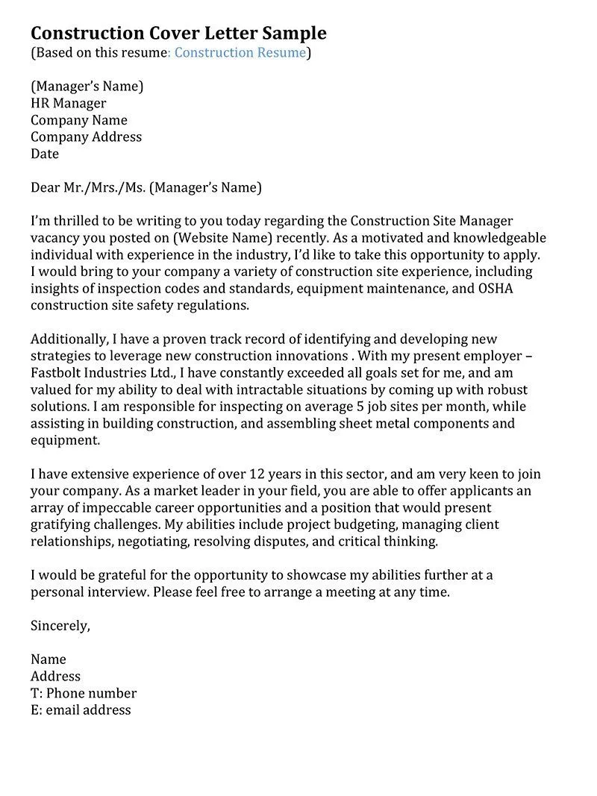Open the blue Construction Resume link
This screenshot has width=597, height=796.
coord(240,52)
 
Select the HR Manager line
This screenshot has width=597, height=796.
coord(69,103)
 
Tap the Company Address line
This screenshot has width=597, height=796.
coord(86,137)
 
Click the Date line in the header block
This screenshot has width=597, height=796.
coord(45,154)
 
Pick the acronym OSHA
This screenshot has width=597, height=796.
coord(492,289)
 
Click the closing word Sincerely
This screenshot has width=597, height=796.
coord(60,626)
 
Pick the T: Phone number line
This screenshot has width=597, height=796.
coord(84,693)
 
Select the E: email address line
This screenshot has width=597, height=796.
coord(81,710)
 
